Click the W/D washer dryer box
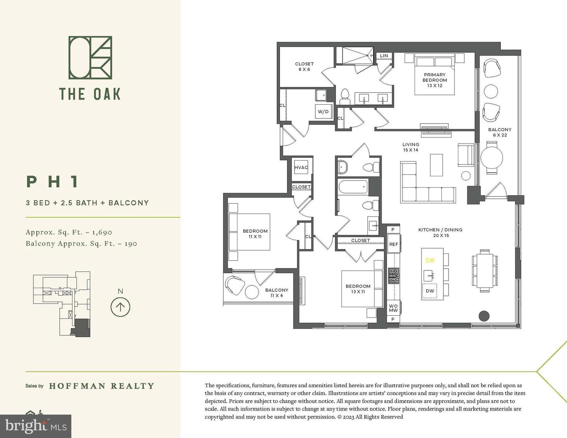(323, 111)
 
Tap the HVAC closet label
(301, 167)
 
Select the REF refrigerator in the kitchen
(393, 244)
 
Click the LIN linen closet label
(384, 56)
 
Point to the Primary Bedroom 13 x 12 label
(435, 80)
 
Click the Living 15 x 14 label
(410, 147)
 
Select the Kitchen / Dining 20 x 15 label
(440, 233)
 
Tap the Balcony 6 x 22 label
(500, 132)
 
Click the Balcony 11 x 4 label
(276, 293)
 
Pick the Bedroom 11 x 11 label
(255, 234)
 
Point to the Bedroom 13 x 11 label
(358, 289)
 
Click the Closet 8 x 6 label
(304, 67)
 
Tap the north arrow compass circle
(120, 307)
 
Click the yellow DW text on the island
(430, 261)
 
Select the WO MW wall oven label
(393, 308)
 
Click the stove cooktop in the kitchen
(393, 275)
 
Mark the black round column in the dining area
(484, 316)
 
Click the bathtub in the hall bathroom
(352, 187)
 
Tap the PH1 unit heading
(53, 182)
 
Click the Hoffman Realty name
(102, 386)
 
